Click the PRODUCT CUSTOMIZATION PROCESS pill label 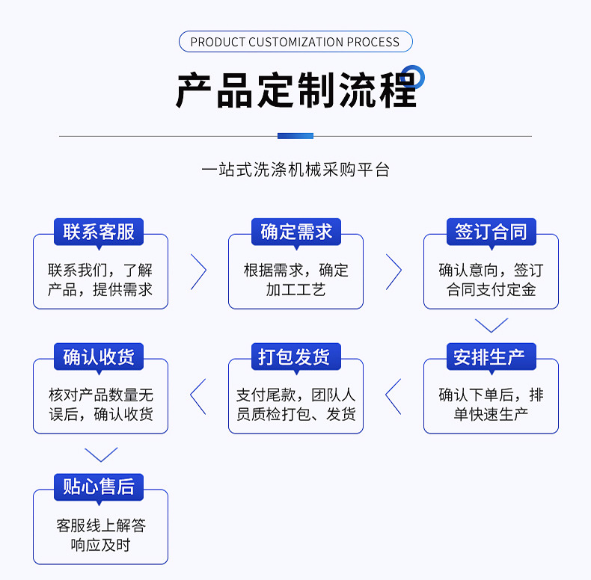295,42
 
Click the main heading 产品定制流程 295,91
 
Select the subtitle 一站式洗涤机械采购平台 295,170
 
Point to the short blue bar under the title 295,136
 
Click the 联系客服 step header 99,232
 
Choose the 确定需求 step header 295,232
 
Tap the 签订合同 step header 491,232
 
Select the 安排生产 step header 491,357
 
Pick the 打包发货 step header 295,357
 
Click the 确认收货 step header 99,357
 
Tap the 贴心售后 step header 99,487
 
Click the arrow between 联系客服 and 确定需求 199,271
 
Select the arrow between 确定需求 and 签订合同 394,271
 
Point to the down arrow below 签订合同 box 492,325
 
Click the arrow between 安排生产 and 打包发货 393,396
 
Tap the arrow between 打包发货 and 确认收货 197,396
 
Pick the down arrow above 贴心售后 101,454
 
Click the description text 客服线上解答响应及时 101,535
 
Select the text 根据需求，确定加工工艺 295,280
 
